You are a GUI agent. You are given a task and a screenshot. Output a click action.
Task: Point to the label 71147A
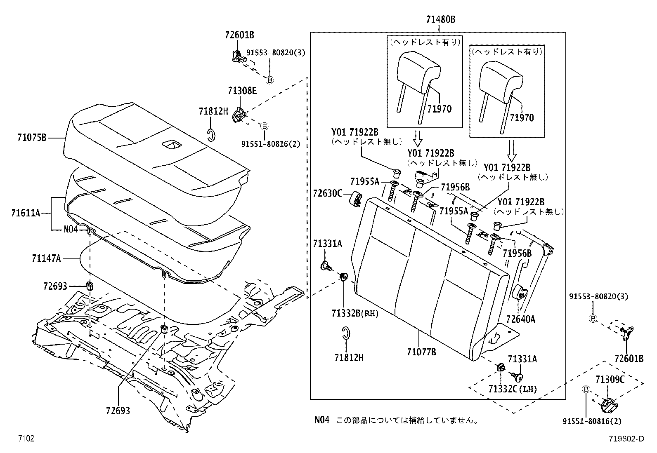click(46, 258)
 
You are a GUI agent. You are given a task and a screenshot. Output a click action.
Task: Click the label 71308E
click(242, 90)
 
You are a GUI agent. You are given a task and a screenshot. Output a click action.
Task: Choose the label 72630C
click(327, 192)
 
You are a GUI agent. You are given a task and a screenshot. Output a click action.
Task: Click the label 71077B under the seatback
click(421, 352)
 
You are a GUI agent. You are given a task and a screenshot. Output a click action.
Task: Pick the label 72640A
click(521, 319)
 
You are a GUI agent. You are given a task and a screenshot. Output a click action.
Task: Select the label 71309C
click(610, 379)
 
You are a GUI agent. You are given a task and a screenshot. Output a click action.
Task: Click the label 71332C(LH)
click(512, 389)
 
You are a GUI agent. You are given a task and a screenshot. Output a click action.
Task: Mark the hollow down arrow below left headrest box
click(418, 139)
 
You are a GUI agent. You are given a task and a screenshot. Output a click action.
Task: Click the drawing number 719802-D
click(625, 439)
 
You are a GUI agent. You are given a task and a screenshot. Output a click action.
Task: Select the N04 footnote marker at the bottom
click(322, 420)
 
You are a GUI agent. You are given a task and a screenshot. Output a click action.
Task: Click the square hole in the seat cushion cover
click(170, 144)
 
